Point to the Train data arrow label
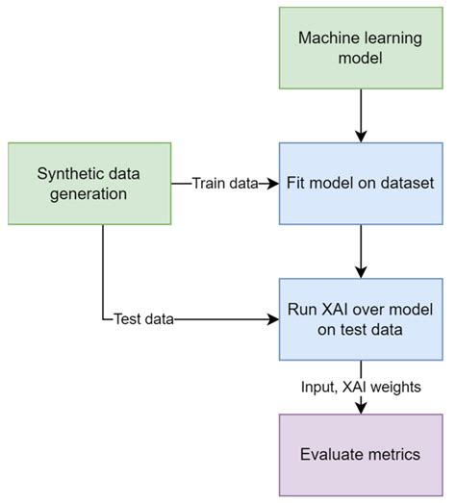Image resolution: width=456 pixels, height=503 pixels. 223,183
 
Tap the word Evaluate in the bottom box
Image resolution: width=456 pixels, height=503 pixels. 332,453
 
